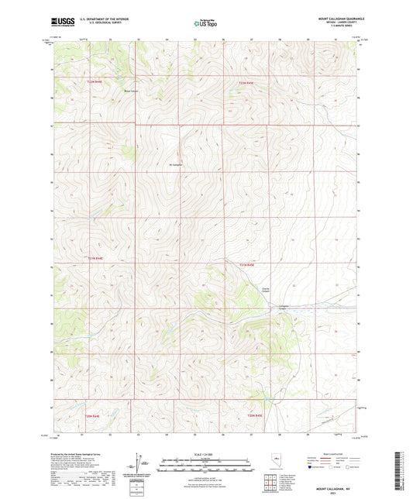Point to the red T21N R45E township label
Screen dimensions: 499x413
pyautogui.click(x=246, y=266)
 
